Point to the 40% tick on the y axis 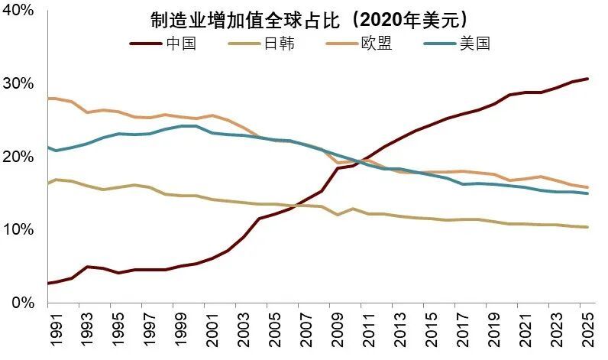(x=18, y=10)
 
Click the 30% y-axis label (x=18, y=83)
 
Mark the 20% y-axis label (x=18, y=157)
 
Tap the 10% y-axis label (x=18, y=230)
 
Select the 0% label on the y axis (x=23, y=303)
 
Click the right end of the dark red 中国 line (x=587, y=79)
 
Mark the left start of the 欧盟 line (x=48, y=99)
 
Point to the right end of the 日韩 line (x=587, y=227)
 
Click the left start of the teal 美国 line (x=48, y=147)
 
